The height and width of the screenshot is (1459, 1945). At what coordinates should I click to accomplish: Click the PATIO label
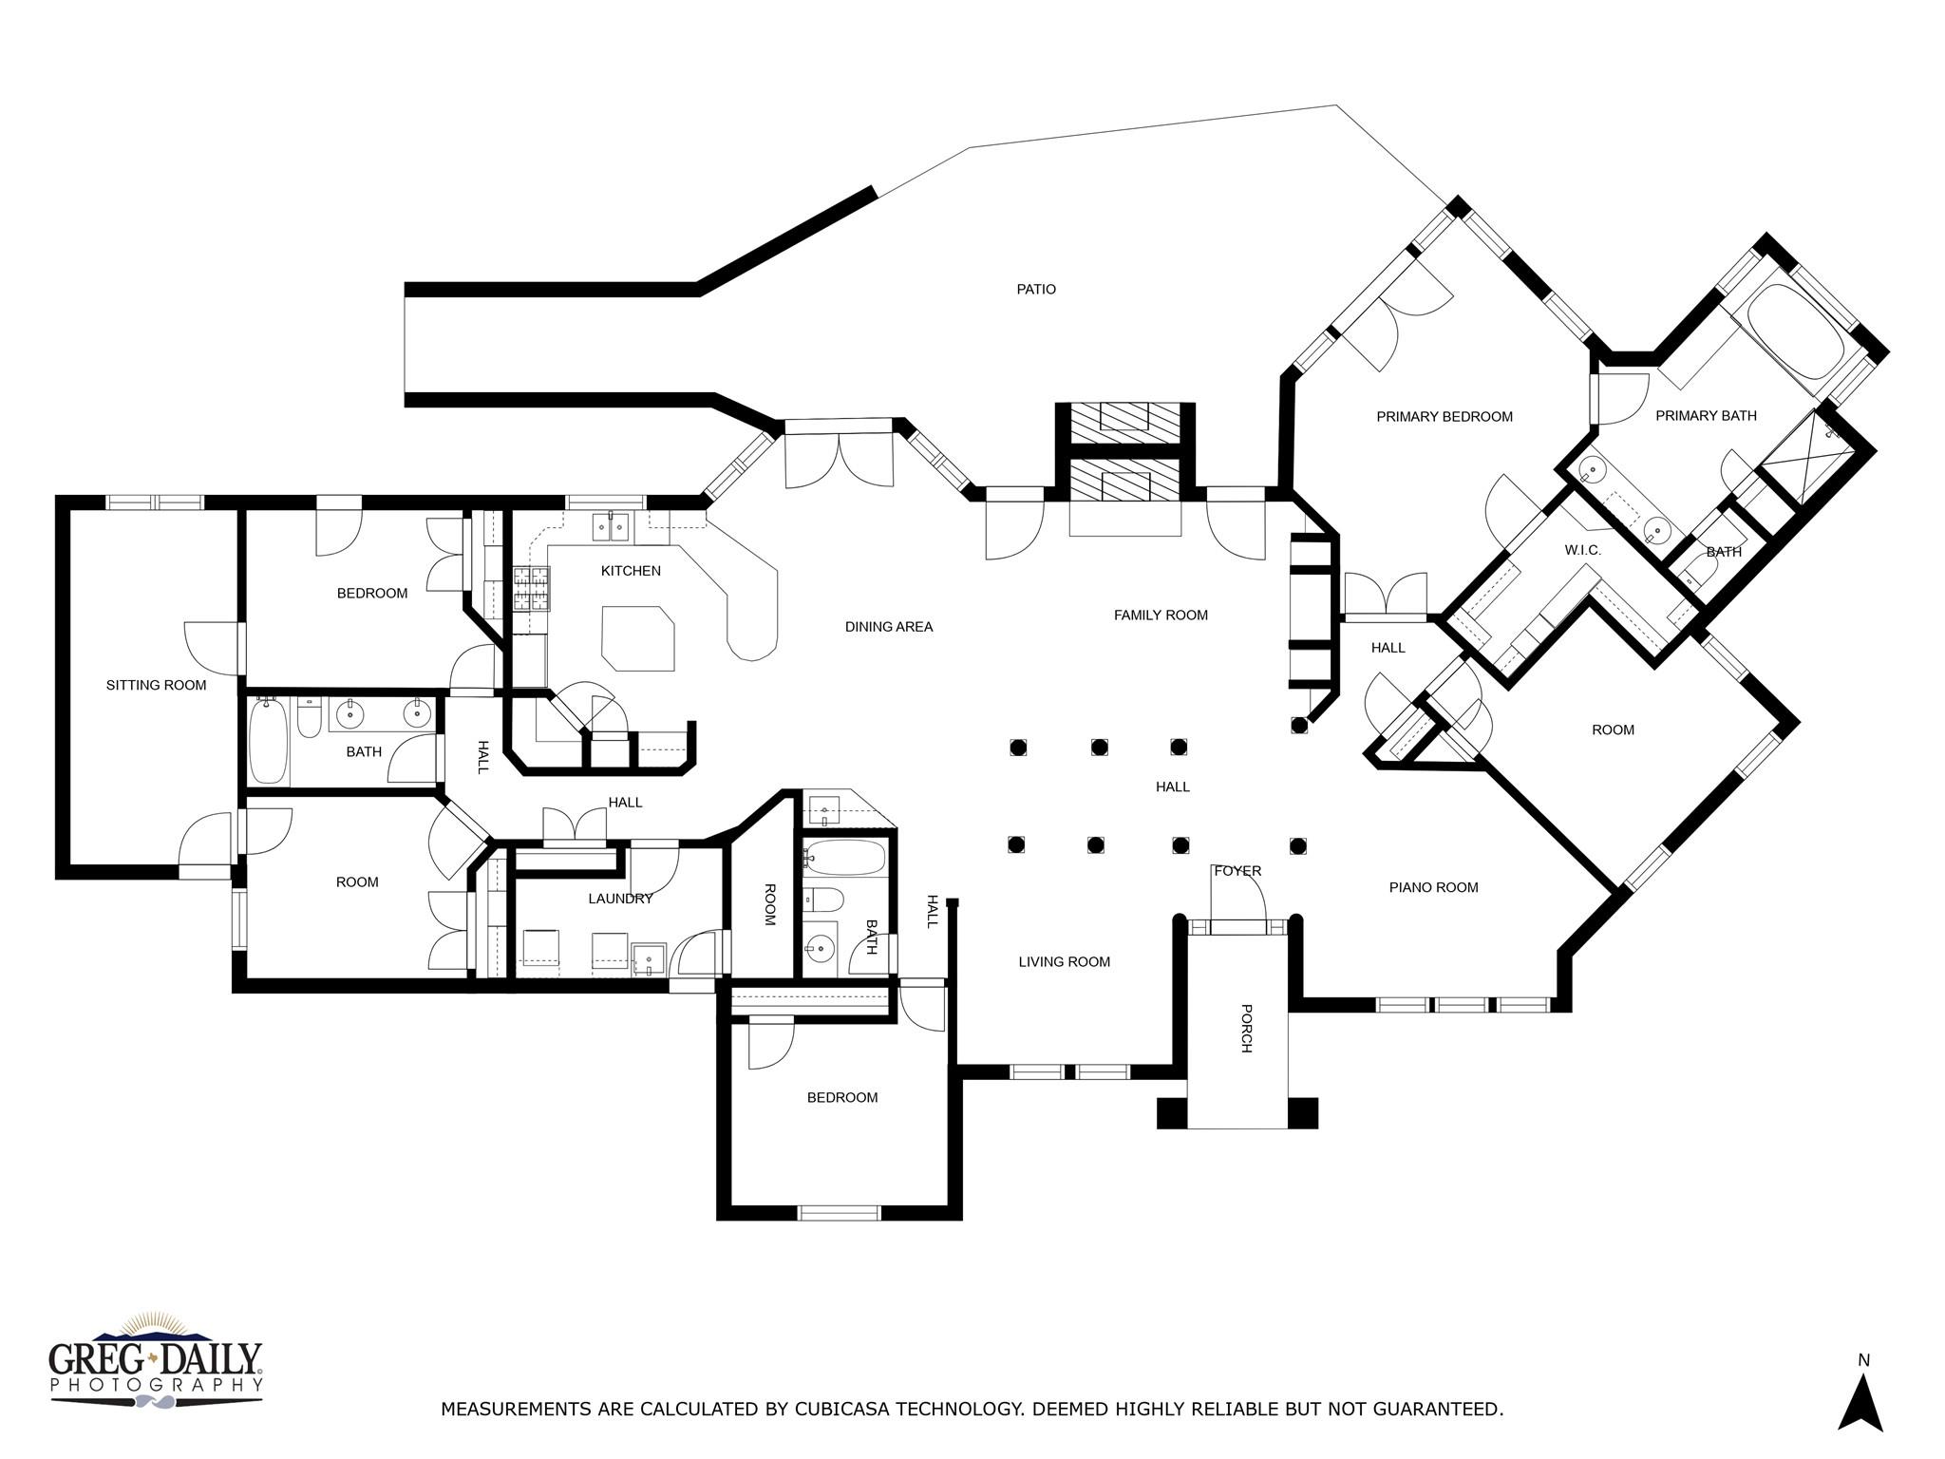(x=1036, y=290)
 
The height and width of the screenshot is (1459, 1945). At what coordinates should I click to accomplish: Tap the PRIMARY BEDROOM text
(x=1444, y=417)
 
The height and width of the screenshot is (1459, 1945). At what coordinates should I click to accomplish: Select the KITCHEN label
(x=631, y=571)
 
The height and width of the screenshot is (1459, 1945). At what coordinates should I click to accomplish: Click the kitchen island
(x=638, y=637)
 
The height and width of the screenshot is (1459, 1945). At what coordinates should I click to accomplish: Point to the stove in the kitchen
(x=532, y=588)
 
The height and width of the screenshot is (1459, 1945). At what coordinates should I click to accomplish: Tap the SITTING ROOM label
(x=156, y=685)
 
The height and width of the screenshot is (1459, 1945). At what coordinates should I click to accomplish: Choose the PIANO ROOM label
(x=1433, y=888)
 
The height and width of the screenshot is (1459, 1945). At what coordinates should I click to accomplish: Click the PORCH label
(x=1246, y=1029)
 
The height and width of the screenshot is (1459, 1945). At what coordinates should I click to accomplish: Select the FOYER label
(x=1237, y=871)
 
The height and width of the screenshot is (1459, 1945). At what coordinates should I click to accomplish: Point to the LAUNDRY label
(x=620, y=899)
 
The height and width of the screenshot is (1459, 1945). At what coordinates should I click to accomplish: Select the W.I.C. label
(x=1582, y=551)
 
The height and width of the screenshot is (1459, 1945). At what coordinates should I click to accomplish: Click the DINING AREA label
(x=889, y=627)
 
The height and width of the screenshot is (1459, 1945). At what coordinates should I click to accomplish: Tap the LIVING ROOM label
(x=1064, y=962)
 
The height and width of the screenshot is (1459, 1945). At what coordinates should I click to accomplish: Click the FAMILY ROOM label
(x=1161, y=616)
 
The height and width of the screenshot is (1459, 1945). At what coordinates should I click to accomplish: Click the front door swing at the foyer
(x=1240, y=893)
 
